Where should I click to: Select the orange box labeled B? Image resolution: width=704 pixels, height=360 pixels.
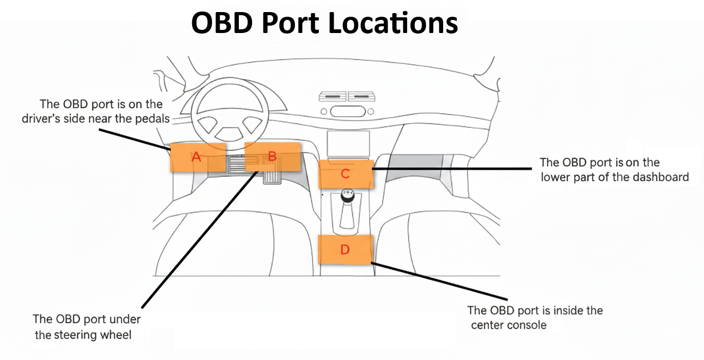tap(272, 156)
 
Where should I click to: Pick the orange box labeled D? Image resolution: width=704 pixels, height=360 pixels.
tap(345, 249)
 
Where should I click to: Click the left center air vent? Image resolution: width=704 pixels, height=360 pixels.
tap(332, 97)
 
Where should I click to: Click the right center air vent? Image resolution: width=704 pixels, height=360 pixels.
tap(362, 97)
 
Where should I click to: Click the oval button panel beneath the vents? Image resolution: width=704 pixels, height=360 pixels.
tap(346, 111)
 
